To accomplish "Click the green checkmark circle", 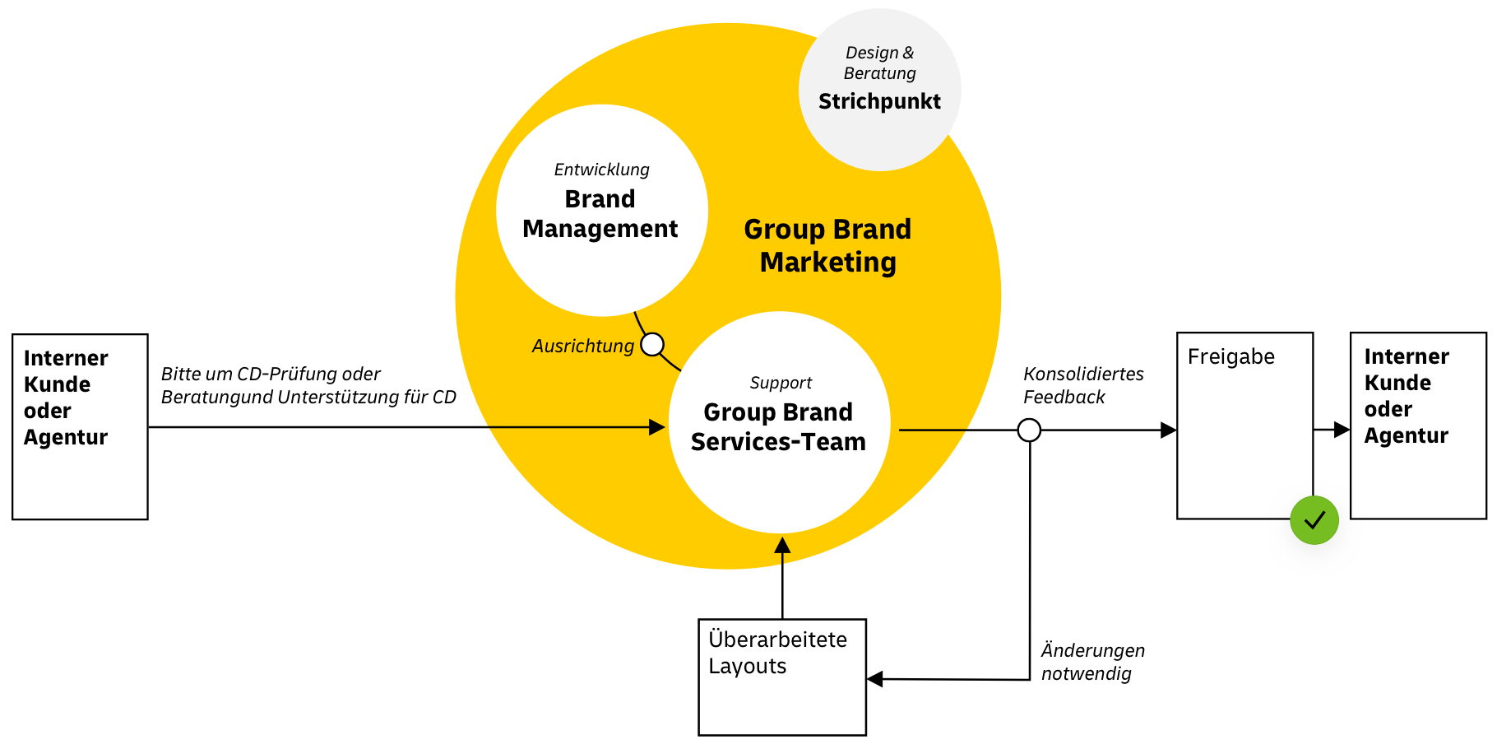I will point(1314,520).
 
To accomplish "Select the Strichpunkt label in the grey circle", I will point(879,102).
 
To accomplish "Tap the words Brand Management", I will point(600,214).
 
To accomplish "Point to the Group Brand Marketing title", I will point(827,245).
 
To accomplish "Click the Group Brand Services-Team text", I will point(778,427).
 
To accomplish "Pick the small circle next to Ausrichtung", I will point(652,344).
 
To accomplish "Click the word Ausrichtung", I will point(582,347).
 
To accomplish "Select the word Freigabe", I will point(1231,357).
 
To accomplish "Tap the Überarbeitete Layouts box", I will point(781,677).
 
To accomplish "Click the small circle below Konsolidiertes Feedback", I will point(1029,430).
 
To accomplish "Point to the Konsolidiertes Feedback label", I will point(1082,385).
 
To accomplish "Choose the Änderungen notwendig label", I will point(1092,662).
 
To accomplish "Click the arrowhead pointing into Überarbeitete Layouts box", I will point(875,679).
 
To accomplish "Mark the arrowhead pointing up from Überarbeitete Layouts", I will point(782,546).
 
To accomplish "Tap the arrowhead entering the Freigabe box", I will point(1168,430).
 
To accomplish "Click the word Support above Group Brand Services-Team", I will point(781,383).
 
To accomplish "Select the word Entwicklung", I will point(601,170).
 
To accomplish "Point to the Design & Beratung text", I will point(879,63).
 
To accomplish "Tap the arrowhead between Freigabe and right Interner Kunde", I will point(1342,429).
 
